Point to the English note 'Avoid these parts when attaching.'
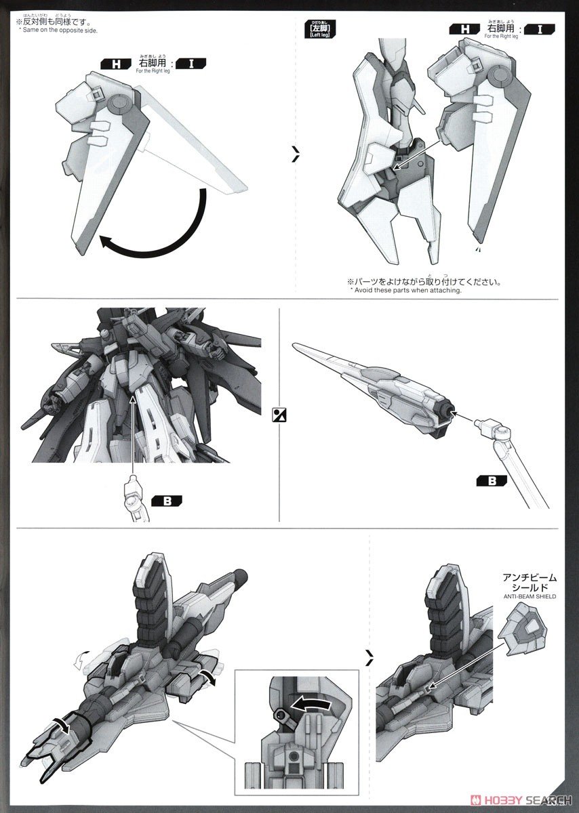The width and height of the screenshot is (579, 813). click(405, 290)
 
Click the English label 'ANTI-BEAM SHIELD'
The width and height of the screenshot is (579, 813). click(530, 596)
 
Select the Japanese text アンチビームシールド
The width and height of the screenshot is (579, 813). click(530, 583)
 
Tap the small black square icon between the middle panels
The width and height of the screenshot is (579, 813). click(279, 415)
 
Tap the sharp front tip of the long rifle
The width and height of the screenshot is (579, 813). click(296, 346)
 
